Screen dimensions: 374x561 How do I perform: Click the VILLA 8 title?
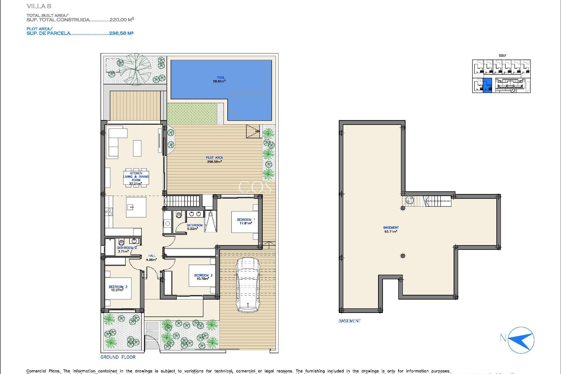point(39,6)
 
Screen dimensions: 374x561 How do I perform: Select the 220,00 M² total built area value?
point(122,20)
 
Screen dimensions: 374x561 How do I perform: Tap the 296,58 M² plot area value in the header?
point(121,33)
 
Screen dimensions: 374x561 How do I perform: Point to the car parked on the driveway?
point(248,285)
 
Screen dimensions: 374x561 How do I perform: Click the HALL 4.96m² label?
point(151,258)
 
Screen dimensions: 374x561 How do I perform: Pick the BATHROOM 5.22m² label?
point(194,227)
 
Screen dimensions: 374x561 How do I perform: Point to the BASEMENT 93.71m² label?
point(391,230)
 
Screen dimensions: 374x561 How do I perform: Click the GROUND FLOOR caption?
point(118,357)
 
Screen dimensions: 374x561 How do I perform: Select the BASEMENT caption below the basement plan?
point(349,321)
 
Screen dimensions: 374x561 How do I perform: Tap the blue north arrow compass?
point(521,340)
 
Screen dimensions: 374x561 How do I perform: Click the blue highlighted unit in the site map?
point(487,85)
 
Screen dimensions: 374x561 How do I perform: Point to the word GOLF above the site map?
point(502,56)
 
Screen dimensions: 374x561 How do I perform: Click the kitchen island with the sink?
point(136,207)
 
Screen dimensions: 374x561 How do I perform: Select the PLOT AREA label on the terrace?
point(214,160)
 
